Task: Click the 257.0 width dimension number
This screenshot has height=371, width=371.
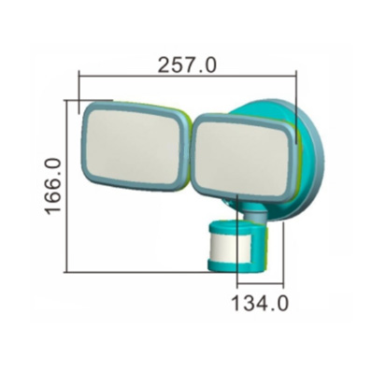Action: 187,65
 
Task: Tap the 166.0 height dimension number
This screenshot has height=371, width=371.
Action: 53,187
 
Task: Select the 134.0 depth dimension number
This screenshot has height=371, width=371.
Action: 260,303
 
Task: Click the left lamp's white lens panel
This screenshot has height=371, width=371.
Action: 133,146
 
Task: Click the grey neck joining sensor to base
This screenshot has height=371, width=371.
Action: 255,215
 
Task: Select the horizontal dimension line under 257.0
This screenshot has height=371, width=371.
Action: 188,75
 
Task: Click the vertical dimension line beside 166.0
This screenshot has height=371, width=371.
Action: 66,186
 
